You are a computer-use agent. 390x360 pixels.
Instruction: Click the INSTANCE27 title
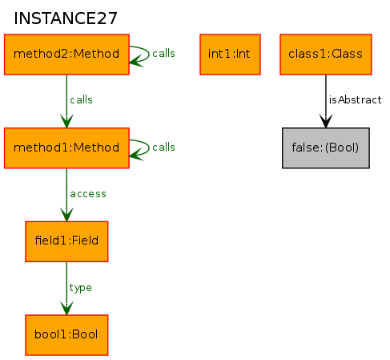[x=66, y=18]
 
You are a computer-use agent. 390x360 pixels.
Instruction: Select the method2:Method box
[x=66, y=55]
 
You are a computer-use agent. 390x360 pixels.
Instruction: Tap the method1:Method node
[x=66, y=148]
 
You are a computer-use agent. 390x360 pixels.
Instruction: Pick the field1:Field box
[x=66, y=241]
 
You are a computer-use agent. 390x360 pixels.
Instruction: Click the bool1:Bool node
[x=66, y=335]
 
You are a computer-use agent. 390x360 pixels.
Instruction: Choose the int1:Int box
[x=230, y=55]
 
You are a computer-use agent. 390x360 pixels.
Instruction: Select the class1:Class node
[x=326, y=55]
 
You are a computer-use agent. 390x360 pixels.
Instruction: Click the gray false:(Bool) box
[x=326, y=148]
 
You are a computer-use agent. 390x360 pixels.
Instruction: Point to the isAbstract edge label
[x=355, y=99]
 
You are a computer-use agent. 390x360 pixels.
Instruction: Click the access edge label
[x=88, y=194]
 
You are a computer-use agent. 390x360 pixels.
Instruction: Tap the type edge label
[x=80, y=288]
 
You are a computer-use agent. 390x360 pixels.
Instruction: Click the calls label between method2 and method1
[x=81, y=99]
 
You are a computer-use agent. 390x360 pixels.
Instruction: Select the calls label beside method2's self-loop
[x=163, y=54]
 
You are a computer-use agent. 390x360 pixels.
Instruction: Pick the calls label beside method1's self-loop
[x=163, y=147]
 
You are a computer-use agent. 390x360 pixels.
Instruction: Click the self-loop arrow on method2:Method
[x=149, y=54]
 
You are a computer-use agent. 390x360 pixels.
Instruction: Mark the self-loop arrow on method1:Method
[x=149, y=148]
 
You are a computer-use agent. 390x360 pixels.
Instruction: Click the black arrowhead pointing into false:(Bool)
[x=326, y=121]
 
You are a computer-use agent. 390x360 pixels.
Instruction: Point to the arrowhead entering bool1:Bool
[x=66, y=309]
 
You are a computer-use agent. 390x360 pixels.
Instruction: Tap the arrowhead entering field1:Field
[x=66, y=215]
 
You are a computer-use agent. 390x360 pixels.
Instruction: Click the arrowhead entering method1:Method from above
[x=66, y=121]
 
